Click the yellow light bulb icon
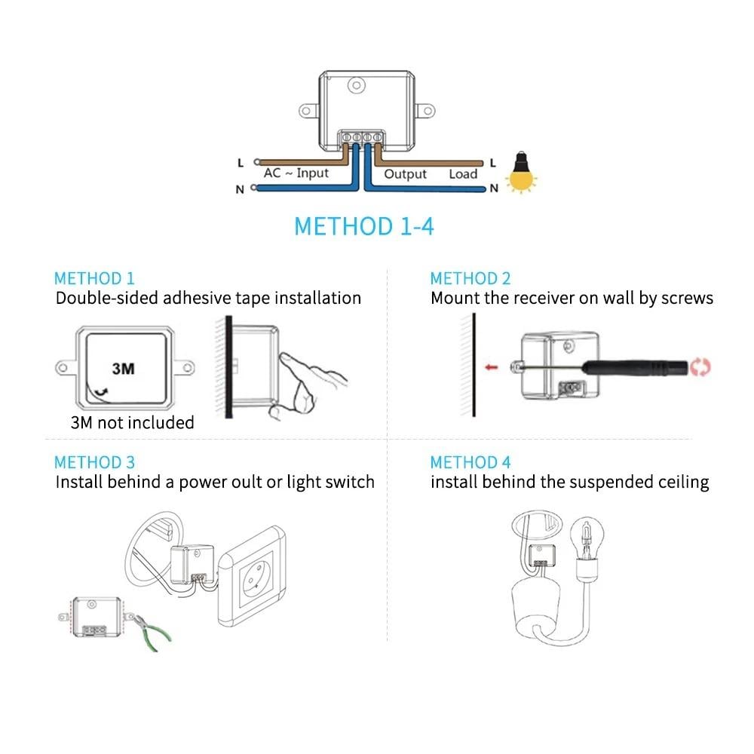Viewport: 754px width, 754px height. (x=521, y=173)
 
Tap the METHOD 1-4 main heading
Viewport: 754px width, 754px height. (x=364, y=226)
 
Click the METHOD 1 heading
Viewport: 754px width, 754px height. (x=94, y=278)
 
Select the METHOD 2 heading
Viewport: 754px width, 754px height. (x=470, y=278)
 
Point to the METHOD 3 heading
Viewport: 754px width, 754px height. (x=94, y=462)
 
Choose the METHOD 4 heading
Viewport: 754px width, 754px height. (x=470, y=462)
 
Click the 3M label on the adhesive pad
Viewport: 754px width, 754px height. (x=123, y=369)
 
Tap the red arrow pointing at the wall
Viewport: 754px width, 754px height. (x=491, y=367)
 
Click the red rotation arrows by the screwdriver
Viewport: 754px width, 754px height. (x=700, y=367)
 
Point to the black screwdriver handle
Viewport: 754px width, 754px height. (x=635, y=368)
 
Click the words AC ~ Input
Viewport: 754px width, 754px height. (x=296, y=173)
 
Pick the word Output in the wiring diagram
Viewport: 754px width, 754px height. (x=405, y=173)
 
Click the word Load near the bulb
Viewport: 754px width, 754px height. (x=463, y=173)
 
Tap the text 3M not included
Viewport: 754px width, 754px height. (x=132, y=422)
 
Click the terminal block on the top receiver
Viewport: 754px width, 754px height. (x=361, y=138)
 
